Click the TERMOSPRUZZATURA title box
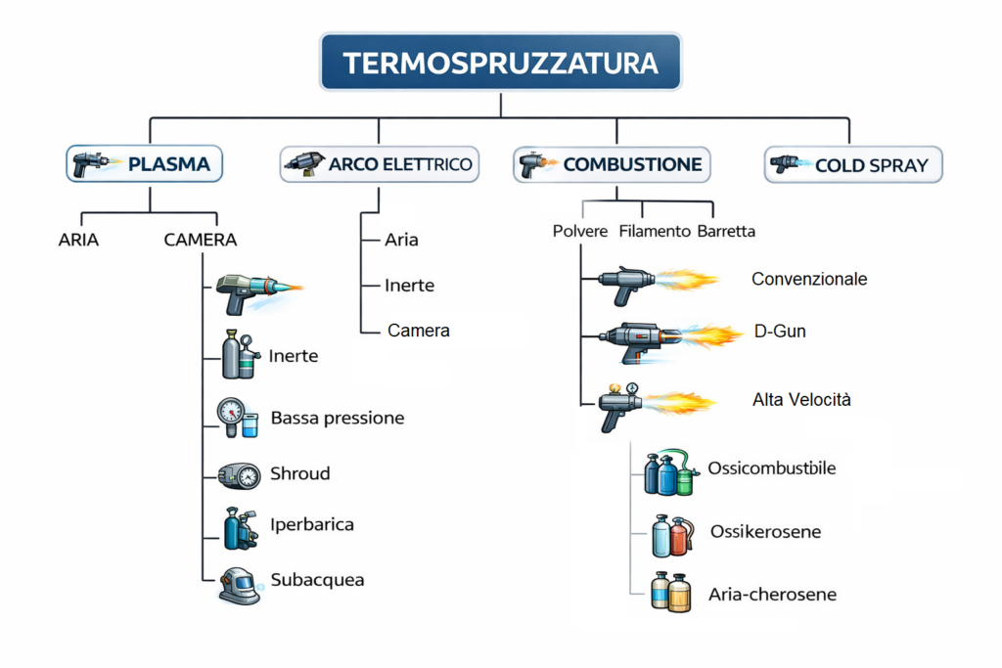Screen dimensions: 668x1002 (500, 64)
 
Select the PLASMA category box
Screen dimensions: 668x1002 (145, 164)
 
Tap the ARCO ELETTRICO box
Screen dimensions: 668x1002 (380, 164)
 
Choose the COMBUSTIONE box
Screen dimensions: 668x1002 (612, 164)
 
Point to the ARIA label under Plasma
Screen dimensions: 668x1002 (78, 239)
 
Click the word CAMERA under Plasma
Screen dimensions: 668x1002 (201, 239)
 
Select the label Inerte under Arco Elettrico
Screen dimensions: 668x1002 (409, 286)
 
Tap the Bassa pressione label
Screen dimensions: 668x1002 (338, 419)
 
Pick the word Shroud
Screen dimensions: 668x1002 (299, 473)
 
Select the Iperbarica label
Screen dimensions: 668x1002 (312, 524)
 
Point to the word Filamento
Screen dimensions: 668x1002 (654, 232)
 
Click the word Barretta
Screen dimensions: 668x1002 (726, 232)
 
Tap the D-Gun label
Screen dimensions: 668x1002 (780, 332)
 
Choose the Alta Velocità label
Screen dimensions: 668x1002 (801, 399)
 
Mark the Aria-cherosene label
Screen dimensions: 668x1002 (772, 595)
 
